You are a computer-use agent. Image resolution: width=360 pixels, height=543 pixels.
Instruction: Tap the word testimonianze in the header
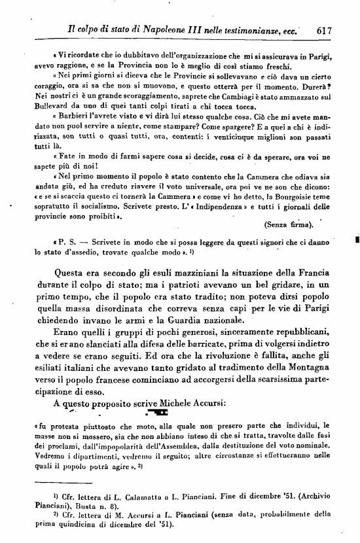[x=251, y=29]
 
